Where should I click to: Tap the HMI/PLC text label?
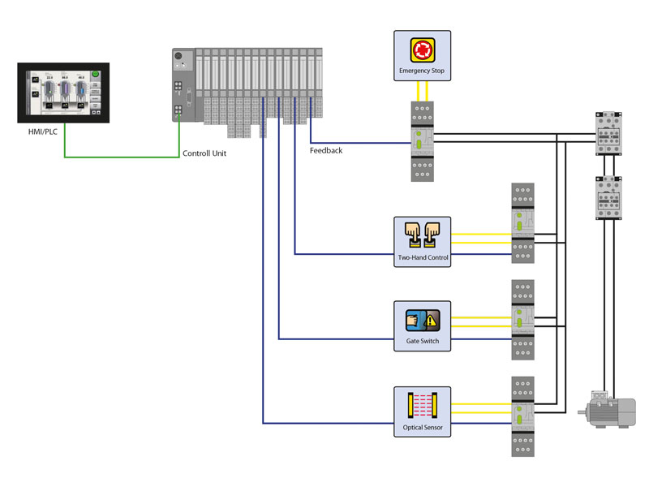tap(44, 131)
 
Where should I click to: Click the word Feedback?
tap(326, 150)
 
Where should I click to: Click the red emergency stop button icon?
tap(422, 51)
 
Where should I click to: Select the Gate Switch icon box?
tap(422, 325)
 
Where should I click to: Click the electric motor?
tap(608, 407)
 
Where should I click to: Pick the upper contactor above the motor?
tap(608, 132)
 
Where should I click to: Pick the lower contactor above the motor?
tap(608, 198)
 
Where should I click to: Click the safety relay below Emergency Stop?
tap(422, 141)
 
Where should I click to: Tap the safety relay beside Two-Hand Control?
tap(522, 224)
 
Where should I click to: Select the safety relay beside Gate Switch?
tap(522, 320)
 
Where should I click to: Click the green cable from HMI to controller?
tap(122, 156)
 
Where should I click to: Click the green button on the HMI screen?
tap(95, 75)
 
